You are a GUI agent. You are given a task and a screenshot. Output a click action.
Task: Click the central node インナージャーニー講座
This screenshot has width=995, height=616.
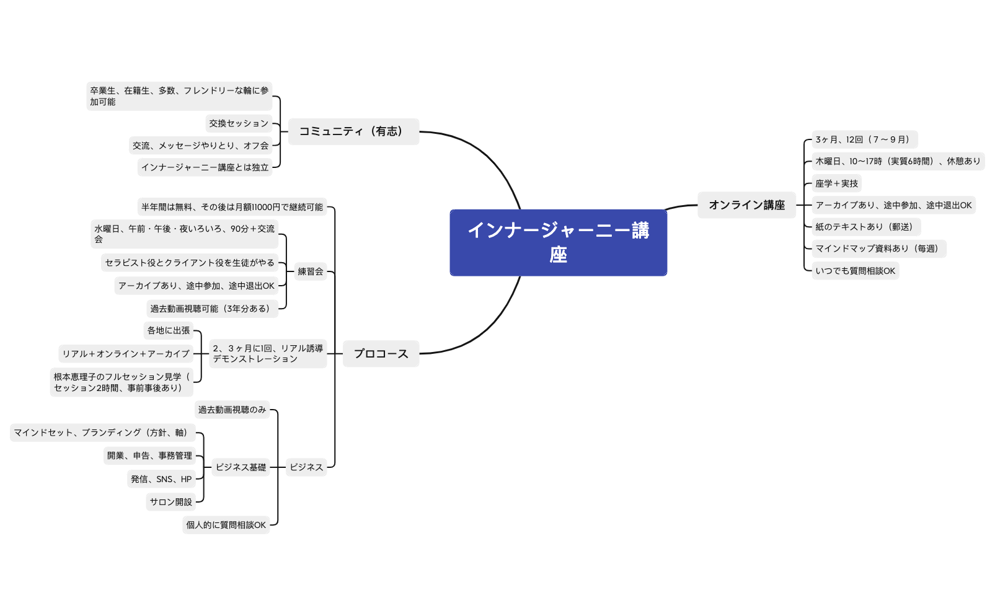[x=558, y=242]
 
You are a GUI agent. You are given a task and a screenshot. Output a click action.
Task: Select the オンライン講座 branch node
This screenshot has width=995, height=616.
[x=746, y=205]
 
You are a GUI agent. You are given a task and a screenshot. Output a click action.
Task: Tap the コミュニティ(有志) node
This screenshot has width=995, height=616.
[x=353, y=131]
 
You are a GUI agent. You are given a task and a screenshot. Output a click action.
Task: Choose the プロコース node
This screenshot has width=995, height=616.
[x=381, y=354]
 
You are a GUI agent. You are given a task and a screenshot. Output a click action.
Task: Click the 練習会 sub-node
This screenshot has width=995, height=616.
[x=311, y=271]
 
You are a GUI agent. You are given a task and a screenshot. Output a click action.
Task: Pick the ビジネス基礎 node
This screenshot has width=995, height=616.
[x=241, y=467]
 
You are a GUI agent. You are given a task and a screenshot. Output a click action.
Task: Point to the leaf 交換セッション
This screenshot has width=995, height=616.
[x=239, y=123]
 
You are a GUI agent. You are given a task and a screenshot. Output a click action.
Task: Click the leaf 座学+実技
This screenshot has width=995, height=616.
[x=836, y=183]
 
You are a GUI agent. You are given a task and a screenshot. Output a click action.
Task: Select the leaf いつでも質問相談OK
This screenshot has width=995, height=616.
[x=855, y=271]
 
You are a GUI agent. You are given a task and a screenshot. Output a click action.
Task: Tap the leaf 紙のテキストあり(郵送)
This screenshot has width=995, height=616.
[x=865, y=227]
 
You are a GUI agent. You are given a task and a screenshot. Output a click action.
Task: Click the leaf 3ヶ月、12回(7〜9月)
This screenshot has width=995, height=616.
[x=864, y=139]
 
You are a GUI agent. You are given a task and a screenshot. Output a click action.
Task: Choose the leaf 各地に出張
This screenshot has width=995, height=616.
[x=169, y=330]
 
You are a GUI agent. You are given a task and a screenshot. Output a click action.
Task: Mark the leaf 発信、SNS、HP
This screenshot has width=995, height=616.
[x=161, y=479]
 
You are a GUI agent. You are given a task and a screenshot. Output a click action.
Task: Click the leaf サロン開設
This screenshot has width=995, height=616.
[x=170, y=502]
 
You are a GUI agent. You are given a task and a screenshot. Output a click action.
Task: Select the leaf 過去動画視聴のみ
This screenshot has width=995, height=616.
[x=232, y=410]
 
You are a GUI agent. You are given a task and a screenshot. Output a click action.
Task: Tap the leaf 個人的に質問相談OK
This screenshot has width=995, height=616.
[x=226, y=525]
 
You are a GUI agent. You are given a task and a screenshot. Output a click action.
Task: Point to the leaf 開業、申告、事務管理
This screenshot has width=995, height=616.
[x=149, y=455]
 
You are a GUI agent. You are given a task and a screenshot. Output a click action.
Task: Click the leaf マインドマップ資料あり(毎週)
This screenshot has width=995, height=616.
[x=878, y=249]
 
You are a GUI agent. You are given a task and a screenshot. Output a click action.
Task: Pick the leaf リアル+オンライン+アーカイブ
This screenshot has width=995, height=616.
[x=126, y=354]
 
